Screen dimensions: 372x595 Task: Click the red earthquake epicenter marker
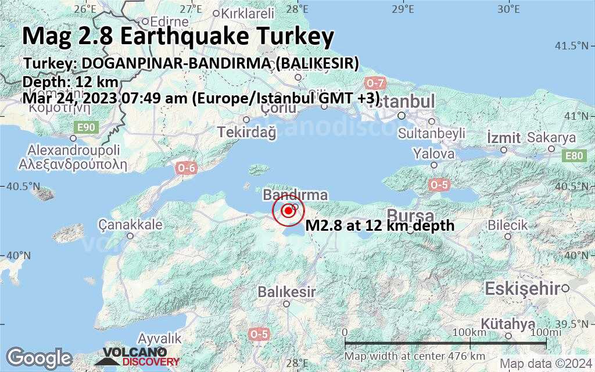(288, 212)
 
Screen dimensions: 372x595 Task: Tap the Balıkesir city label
(287, 291)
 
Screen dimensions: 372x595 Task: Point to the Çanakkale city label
(130, 224)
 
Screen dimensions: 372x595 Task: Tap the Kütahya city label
(508, 324)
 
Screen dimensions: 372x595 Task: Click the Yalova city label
(433, 154)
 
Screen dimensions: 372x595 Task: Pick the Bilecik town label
(508, 225)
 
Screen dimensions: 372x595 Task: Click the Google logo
(39, 357)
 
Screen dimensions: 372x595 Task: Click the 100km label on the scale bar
(469, 332)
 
